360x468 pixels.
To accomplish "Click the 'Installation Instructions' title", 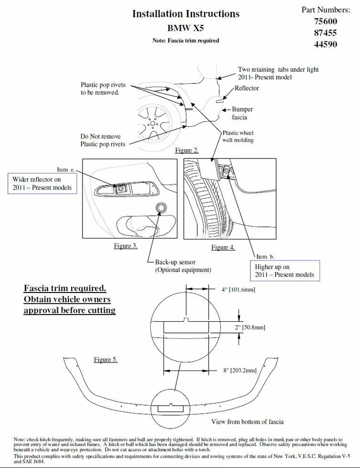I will pyautogui.click(x=186, y=14).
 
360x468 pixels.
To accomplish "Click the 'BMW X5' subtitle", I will pyautogui.click(x=185, y=29).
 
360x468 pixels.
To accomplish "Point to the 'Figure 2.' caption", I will pyautogui.click(x=187, y=150).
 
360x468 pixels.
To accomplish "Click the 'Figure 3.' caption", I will pyautogui.click(x=125, y=246).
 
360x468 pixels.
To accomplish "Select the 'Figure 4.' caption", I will pyautogui.click(x=223, y=247).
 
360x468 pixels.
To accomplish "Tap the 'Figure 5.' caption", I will pyautogui.click(x=105, y=360).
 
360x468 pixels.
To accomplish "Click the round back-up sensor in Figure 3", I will pyautogui.click(x=160, y=209).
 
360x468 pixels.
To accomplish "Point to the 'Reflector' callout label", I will pyautogui.click(x=247, y=88).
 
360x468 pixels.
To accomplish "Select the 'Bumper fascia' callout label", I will pyautogui.click(x=242, y=113).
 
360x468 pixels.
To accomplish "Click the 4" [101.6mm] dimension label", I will pyautogui.click(x=239, y=290).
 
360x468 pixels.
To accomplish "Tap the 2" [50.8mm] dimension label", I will pyautogui.click(x=250, y=328).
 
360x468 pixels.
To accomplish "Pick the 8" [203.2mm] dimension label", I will pyautogui.click(x=240, y=370).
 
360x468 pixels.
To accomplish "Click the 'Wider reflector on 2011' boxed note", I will pyautogui.click(x=42, y=183).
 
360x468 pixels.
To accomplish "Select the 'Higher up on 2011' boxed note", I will pyautogui.click(x=285, y=271).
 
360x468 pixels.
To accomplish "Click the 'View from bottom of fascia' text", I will pyautogui.click(x=247, y=421).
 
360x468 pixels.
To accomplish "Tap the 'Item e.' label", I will pyautogui.click(x=66, y=170).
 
